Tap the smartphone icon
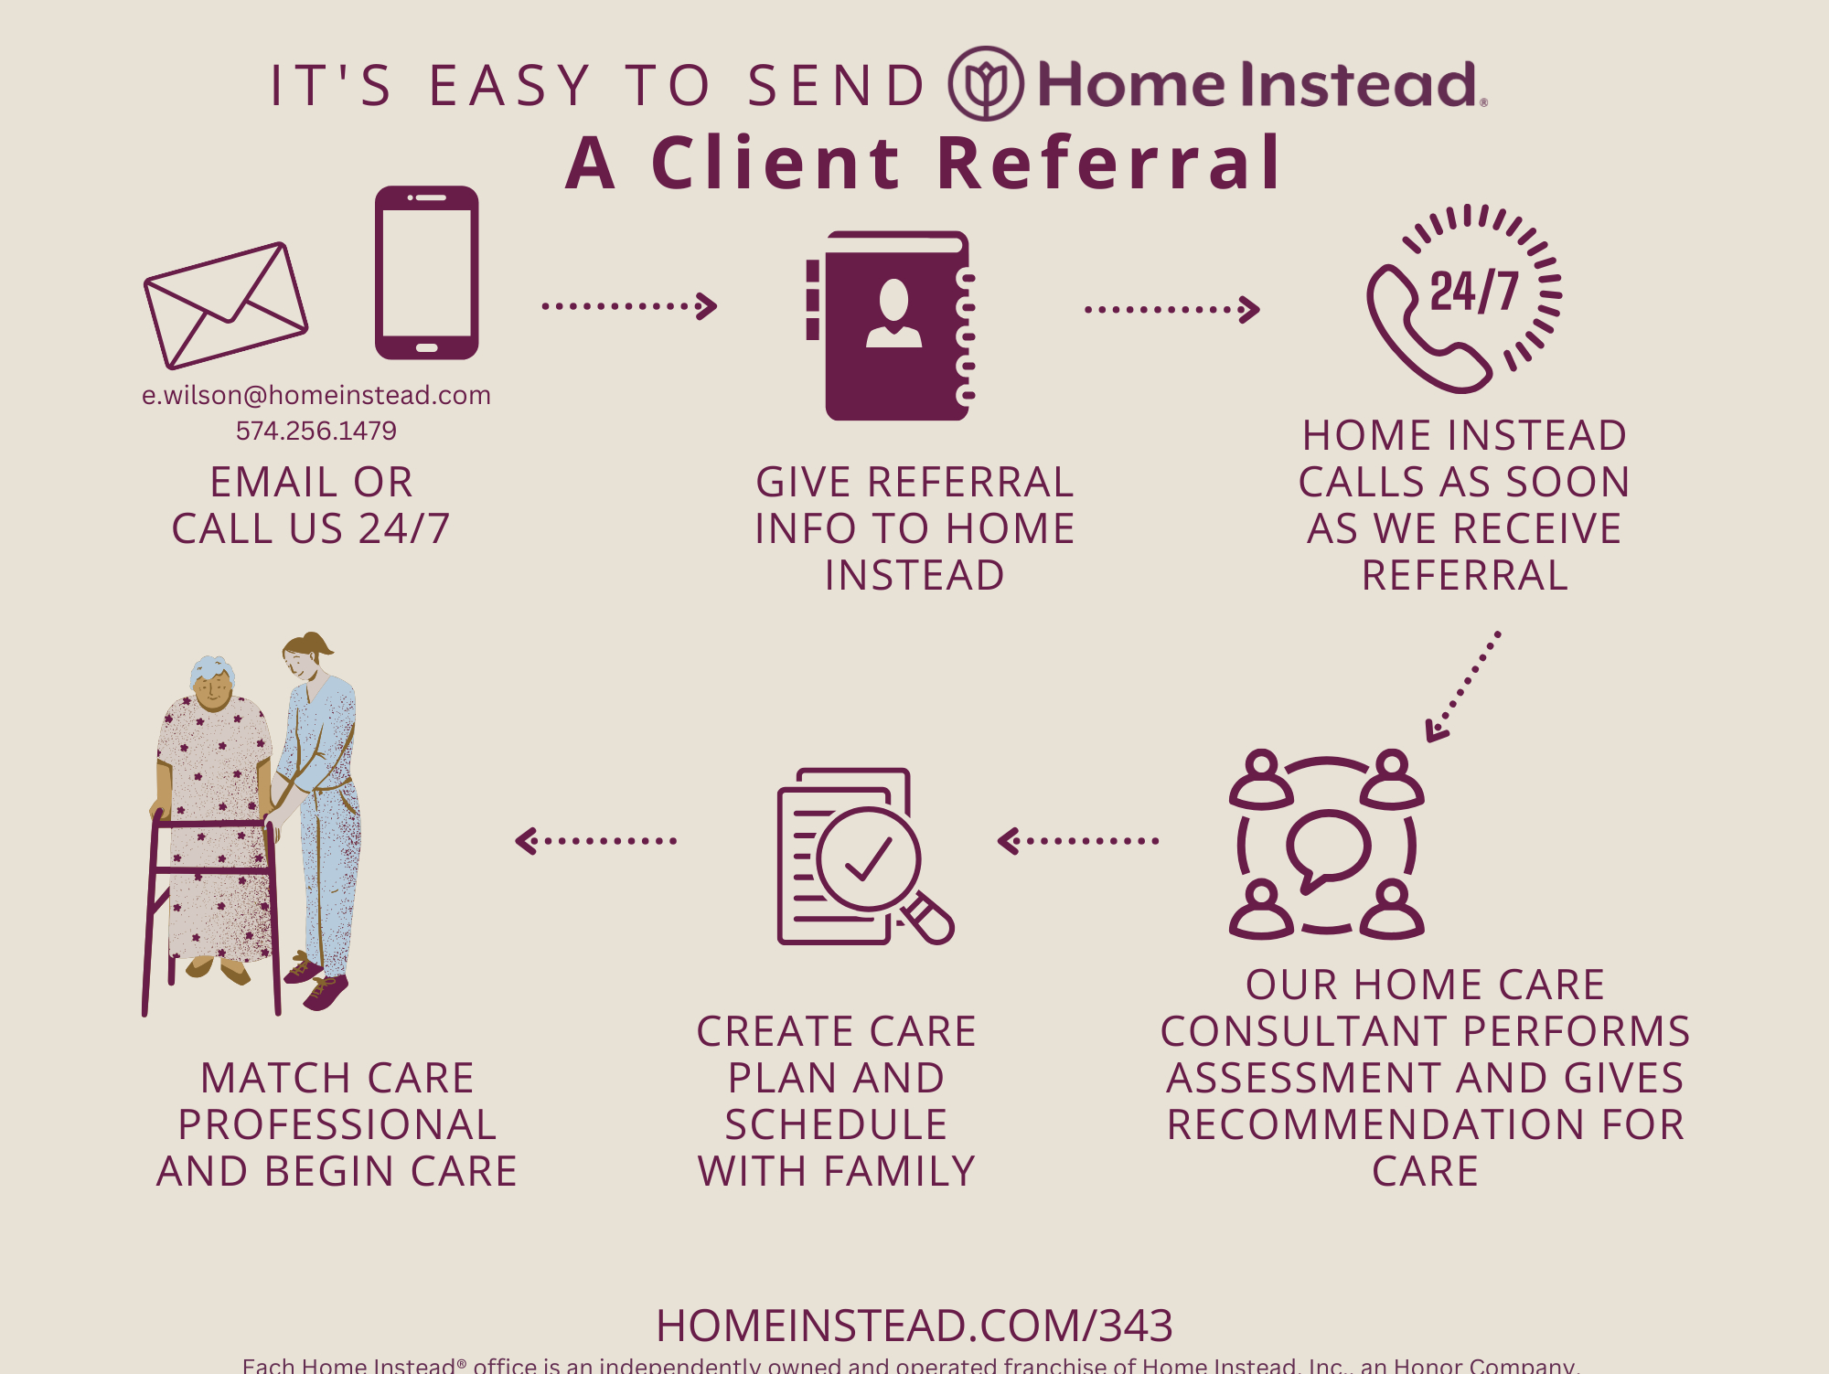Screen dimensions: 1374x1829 (x=426, y=272)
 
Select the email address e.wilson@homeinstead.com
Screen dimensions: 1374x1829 (x=316, y=395)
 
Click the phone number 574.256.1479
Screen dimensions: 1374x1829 (x=316, y=431)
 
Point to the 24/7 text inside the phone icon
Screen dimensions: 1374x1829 (x=1473, y=292)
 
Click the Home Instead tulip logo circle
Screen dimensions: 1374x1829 (x=985, y=84)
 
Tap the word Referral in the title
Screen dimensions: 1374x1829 (x=1109, y=164)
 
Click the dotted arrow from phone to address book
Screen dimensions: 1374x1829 (x=629, y=305)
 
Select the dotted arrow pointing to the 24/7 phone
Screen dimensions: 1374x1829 (x=1171, y=309)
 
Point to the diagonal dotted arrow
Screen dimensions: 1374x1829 (x=1464, y=686)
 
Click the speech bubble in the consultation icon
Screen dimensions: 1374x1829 (x=1327, y=849)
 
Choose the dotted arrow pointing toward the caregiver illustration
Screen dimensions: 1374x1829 (x=596, y=840)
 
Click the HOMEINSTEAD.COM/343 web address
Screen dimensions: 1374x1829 (x=914, y=1326)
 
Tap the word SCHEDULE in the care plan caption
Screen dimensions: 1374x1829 (x=836, y=1124)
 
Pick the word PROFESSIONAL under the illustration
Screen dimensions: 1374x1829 (x=337, y=1124)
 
